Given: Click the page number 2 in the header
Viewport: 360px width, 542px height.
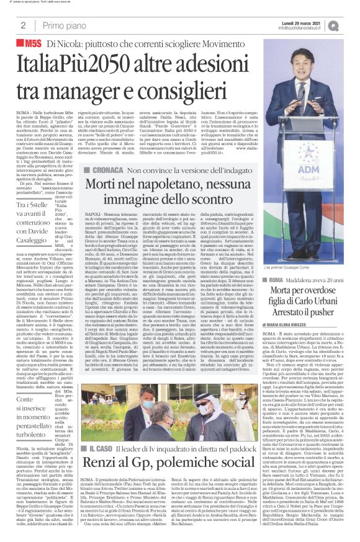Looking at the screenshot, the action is point(22,25).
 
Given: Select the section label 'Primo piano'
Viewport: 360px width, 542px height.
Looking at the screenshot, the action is point(65,25).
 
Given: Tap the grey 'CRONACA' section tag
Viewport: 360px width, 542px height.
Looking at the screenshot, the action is point(112,153).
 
